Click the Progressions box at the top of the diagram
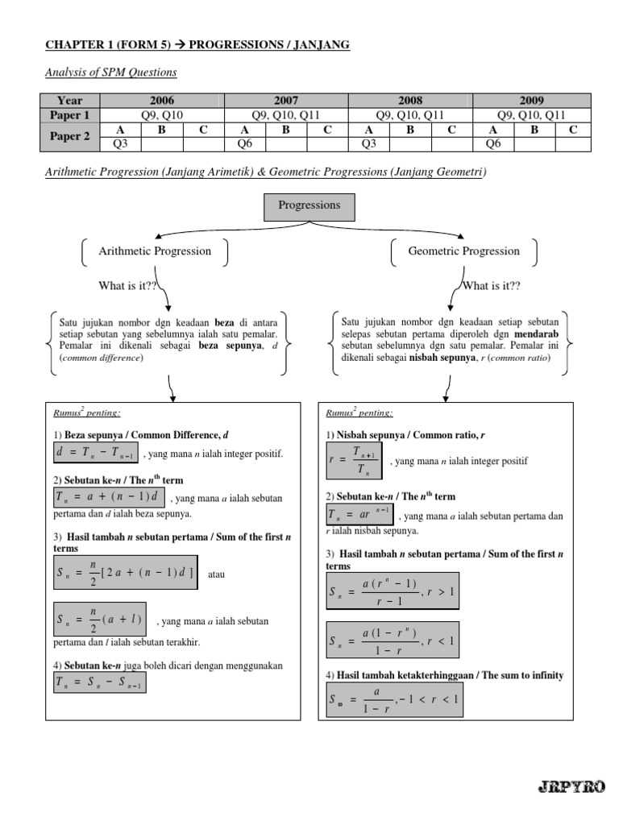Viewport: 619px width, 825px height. (x=309, y=205)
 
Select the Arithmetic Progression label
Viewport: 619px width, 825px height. (x=155, y=251)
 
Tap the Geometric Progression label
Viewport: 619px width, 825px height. (x=463, y=251)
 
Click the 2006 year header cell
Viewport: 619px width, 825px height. (x=161, y=101)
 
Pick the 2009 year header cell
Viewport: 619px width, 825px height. (x=533, y=101)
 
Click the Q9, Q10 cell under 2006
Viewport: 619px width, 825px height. (x=161, y=115)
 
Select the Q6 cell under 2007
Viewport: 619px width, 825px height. (x=245, y=144)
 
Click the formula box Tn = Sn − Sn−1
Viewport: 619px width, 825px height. (x=99, y=682)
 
